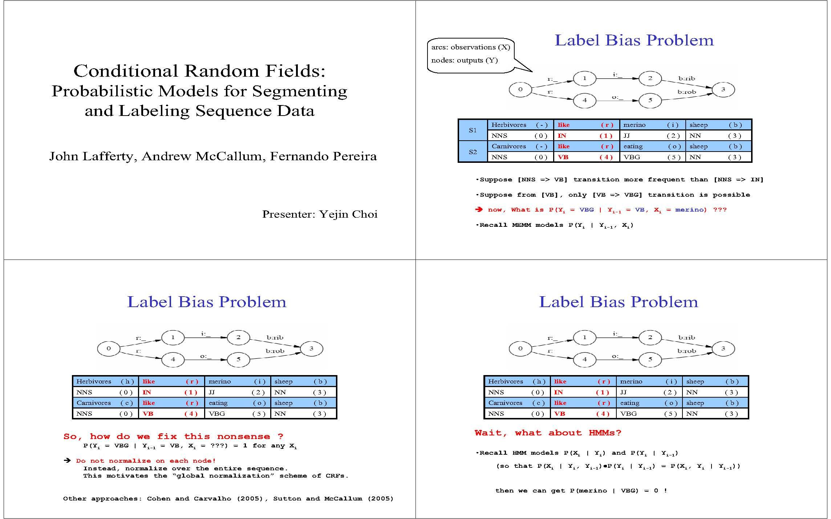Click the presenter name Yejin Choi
(349, 214)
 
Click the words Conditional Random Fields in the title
(199, 71)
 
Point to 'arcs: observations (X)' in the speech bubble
(470, 47)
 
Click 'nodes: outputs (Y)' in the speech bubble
(464, 60)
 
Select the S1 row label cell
(473, 130)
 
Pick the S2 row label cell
(473, 152)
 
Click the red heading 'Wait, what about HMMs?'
(548, 433)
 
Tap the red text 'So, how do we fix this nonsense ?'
(173, 436)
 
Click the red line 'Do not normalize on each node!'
(146, 461)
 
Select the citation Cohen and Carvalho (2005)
(205, 499)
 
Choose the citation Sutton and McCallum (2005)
(333, 499)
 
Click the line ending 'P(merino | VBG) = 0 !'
(581, 491)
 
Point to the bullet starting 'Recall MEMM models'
(555, 225)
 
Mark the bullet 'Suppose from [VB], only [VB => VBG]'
(613, 195)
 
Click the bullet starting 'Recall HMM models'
(577, 453)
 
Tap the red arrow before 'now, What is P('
(479, 210)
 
